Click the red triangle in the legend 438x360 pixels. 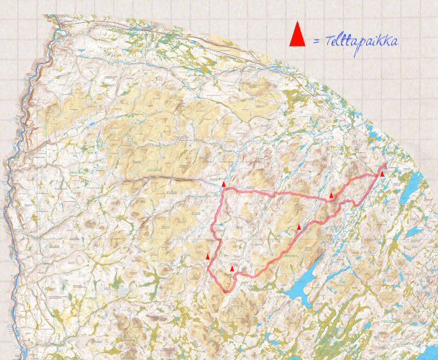(297, 34)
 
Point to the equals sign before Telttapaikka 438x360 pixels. (316, 42)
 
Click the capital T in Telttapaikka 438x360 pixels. (329, 41)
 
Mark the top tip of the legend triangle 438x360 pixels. (297, 22)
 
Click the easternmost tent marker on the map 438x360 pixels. (382, 173)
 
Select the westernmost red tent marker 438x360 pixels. (208, 257)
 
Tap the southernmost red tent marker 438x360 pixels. (232, 269)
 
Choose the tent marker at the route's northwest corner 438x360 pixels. (224, 185)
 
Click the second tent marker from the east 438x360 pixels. (332, 195)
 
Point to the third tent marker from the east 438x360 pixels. (299, 227)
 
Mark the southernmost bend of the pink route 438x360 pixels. (228, 290)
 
